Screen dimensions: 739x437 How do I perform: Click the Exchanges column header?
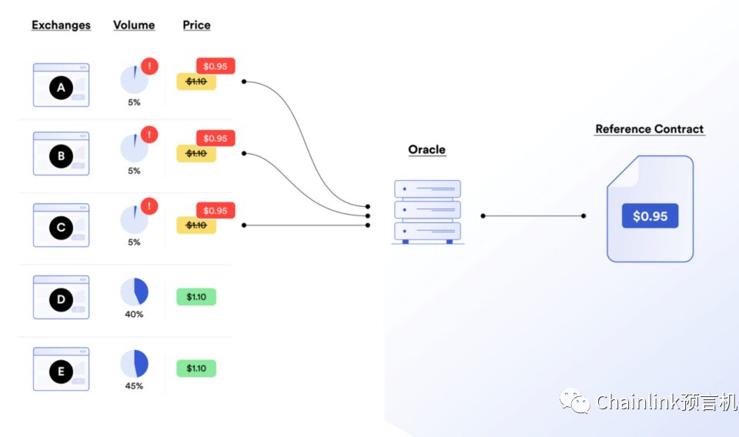61,25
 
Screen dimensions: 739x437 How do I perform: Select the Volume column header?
134,25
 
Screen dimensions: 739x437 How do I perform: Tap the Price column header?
196,25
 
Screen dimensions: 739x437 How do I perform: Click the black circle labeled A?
61,88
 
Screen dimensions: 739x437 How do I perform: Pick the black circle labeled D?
61,299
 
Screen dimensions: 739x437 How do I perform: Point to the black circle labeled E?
61,372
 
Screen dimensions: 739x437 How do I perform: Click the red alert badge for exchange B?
149,135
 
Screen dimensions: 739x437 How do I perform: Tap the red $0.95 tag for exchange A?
216,66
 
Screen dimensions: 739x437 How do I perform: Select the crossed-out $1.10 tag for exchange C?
196,225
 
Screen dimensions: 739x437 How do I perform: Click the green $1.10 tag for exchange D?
196,297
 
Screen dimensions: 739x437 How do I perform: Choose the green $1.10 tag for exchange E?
196,369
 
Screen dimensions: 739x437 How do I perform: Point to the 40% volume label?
134,314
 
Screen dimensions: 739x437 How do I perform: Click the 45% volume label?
134,385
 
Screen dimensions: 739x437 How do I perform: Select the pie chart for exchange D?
134,292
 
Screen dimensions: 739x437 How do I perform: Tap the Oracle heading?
426,150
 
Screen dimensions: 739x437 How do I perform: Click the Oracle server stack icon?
427,212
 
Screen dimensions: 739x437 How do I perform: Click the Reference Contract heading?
650,129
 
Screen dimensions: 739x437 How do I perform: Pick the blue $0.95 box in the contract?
650,215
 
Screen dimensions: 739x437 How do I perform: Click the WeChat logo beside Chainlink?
575,402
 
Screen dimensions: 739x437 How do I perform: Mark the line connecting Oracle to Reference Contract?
533,215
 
